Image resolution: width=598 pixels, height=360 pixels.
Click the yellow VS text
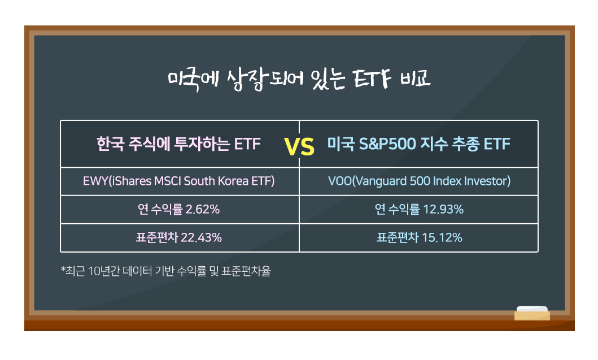299,147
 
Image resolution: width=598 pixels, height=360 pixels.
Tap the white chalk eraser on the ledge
532,313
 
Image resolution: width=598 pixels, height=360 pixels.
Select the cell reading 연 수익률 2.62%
179,209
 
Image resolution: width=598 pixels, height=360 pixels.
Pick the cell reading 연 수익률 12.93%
419,209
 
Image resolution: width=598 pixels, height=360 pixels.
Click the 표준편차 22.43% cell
179,237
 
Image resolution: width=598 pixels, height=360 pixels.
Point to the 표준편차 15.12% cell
419,237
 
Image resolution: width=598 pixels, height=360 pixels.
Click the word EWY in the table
95,181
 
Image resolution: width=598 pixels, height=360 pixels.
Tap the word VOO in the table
340,181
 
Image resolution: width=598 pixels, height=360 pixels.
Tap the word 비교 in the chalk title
415,78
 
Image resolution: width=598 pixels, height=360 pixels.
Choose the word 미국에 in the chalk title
193,80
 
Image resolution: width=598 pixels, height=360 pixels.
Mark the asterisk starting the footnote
63,270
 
